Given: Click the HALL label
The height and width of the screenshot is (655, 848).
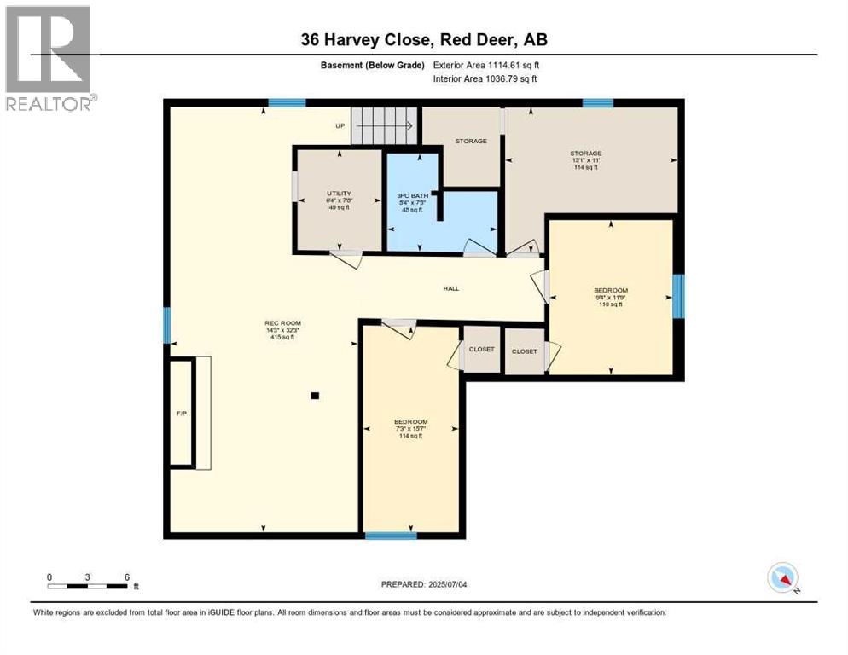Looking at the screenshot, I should (x=450, y=288).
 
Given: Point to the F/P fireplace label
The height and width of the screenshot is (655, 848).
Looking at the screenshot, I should (x=181, y=414).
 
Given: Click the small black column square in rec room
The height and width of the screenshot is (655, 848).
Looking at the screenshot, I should (x=315, y=396).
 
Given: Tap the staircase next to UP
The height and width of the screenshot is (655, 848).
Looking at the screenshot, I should (x=385, y=127).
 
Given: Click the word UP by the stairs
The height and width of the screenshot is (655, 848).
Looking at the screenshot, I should (x=340, y=127).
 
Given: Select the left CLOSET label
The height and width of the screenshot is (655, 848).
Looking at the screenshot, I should (x=481, y=350).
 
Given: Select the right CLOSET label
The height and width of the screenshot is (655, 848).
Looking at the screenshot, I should (x=524, y=351).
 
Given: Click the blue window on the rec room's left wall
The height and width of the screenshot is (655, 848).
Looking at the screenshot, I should (x=167, y=325).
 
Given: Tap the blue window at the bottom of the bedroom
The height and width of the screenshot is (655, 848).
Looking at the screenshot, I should (x=391, y=536).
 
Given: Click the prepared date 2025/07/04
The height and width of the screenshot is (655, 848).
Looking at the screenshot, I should (x=426, y=584).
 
